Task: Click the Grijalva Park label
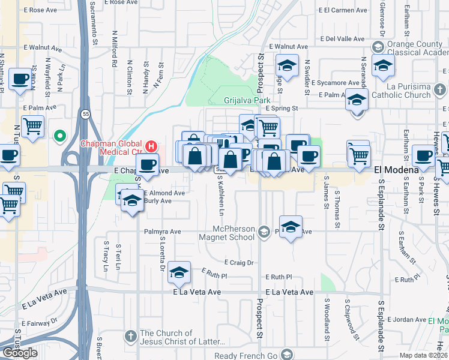[x=246, y=100]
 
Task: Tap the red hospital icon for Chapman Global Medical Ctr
[x=151, y=146]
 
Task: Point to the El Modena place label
[x=397, y=170]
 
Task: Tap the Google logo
[x=20, y=353]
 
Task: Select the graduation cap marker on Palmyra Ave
[x=291, y=227]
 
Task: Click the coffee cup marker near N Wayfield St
[x=20, y=79]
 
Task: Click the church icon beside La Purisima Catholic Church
[x=441, y=91]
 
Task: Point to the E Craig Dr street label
[x=239, y=262]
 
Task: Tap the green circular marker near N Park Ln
[x=59, y=136]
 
